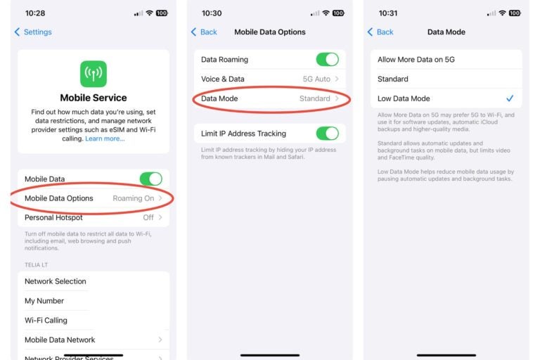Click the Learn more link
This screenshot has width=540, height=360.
pyautogui.click(x=105, y=139)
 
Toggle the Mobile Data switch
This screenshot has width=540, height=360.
pyautogui.click(x=150, y=179)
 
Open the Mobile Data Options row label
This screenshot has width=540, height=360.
pyautogui.click(x=59, y=198)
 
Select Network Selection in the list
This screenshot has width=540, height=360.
pyautogui.click(x=56, y=281)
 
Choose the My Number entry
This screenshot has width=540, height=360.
pyautogui.click(x=44, y=301)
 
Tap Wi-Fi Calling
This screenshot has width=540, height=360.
pyautogui.click(x=46, y=321)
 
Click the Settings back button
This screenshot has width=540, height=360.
pyautogui.click(x=33, y=32)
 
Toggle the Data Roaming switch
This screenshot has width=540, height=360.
pyautogui.click(x=327, y=60)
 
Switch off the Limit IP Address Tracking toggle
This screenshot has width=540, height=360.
pyautogui.click(x=327, y=134)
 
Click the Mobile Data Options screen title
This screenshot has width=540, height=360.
pyautogui.click(x=270, y=32)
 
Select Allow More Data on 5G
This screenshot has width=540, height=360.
pyautogui.click(x=416, y=60)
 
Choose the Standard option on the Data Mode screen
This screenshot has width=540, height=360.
pyautogui.click(x=393, y=79)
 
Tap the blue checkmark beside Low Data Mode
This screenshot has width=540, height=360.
pyautogui.click(x=510, y=98)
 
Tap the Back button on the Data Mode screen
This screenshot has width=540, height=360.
pyautogui.click(x=380, y=32)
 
